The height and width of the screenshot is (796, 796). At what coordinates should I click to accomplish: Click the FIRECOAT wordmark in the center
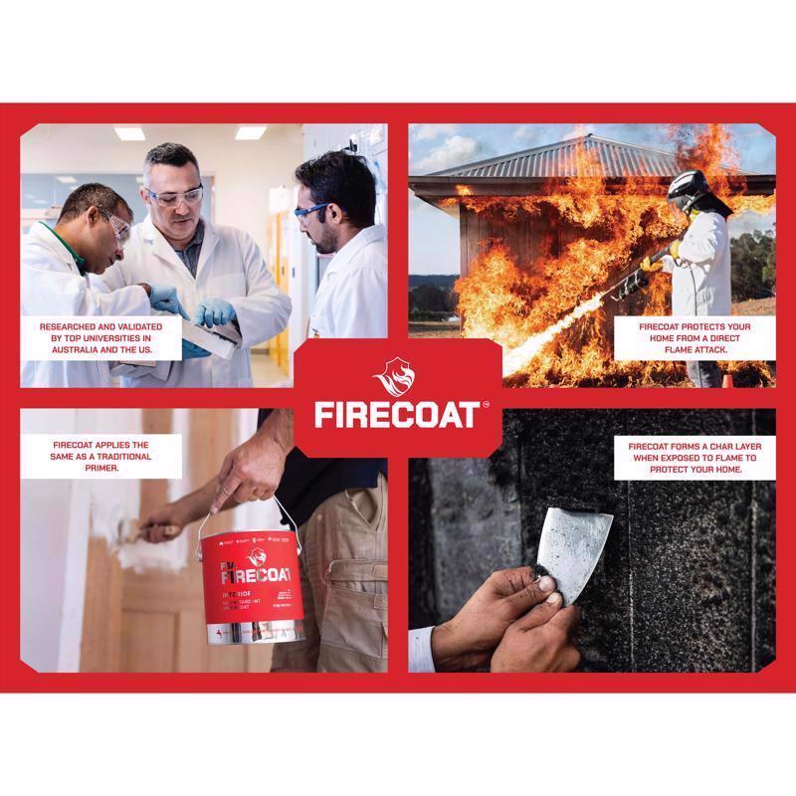(x=395, y=413)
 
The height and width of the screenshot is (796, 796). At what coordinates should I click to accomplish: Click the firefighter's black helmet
(x=686, y=188)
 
